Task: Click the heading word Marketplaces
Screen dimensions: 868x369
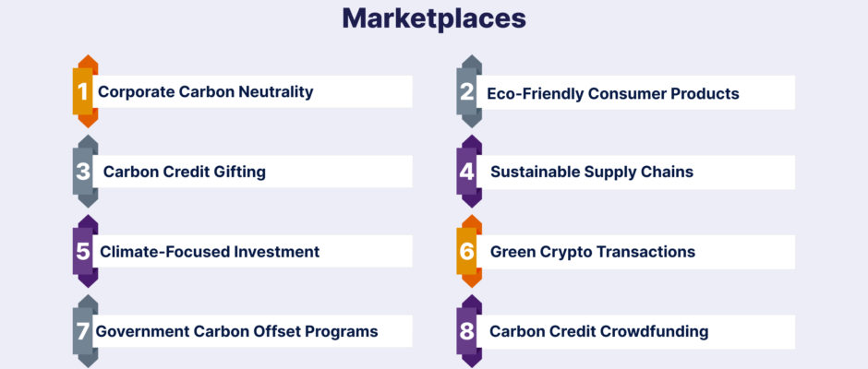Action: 434,18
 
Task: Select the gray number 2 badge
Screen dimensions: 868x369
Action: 468,91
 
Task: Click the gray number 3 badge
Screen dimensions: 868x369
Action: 85,171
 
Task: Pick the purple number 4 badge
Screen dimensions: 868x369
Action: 468,171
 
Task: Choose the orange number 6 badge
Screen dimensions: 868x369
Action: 468,251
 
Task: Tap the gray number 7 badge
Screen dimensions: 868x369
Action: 85,331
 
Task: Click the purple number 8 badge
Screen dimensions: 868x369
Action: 468,331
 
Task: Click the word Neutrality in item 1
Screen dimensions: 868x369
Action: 276,92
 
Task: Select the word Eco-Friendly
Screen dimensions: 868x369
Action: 535,93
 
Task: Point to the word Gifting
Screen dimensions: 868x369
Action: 240,172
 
